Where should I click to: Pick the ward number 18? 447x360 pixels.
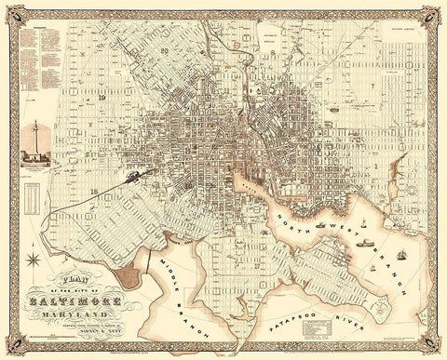[x=96, y=189]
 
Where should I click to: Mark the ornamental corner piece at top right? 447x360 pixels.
[x=433, y=14]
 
